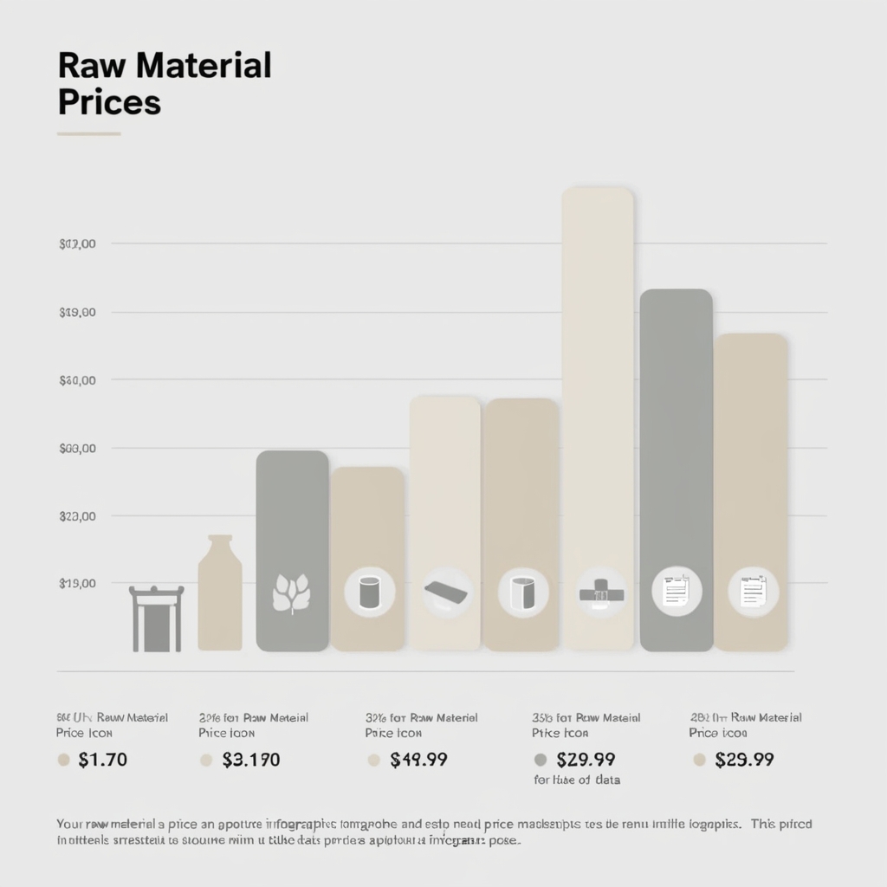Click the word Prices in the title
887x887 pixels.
coord(109,102)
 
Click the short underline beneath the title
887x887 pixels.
coord(88,134)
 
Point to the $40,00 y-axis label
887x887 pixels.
coord(77,380)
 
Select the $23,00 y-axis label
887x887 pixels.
coord(77,516)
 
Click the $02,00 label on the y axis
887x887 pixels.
coord(77,244)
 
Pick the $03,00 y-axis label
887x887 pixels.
coord(77,449)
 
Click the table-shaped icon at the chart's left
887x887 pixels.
coord(157,618)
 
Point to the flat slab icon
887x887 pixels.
coord(447,593)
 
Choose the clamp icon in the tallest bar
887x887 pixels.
coord(601,593)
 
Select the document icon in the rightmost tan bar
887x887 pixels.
coord(752,593)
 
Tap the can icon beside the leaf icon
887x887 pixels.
coord(370,593)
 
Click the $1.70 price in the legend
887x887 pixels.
coord(102,761)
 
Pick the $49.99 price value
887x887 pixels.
coord(418,761)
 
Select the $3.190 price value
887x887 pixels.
coord(251,761)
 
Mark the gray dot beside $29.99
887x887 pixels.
coord(541,761)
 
